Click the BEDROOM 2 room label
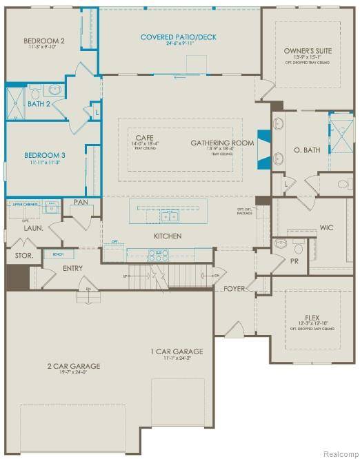click(44, 41)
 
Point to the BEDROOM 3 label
click(44, 155)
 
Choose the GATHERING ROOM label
click(222, 143)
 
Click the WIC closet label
click(326, 227)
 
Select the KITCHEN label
click(167, 236)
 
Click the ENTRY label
click(73, 267)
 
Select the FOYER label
click(234, 289)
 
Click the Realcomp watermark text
click(336, 452)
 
